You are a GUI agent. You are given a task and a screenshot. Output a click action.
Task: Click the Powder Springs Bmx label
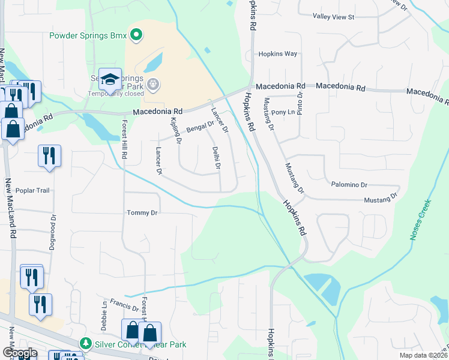click(x=88, y=35)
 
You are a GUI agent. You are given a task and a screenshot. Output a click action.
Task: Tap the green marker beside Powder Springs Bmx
click(x=136, y=35)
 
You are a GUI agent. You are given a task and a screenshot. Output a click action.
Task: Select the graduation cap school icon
click(x=110, y=80)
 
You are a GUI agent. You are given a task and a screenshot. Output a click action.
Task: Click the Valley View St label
click(x=335, y=17)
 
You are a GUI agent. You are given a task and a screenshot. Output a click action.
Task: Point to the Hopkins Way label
click(x=278, y=54)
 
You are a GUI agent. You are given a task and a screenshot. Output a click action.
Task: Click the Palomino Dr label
click(x=348, y=185)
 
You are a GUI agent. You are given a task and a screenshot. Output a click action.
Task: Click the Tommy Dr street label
click(x=142, y=212)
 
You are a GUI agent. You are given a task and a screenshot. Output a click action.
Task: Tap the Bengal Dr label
click(x=200, y=127)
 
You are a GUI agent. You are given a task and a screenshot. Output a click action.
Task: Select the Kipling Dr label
click(x=175, y=132)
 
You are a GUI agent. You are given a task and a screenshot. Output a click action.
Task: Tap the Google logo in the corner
click(x=19, y=353)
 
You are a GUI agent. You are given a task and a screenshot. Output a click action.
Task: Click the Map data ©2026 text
click(x=420, y=354)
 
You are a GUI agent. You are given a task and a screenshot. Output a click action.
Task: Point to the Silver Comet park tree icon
click(x=86, y=344)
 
